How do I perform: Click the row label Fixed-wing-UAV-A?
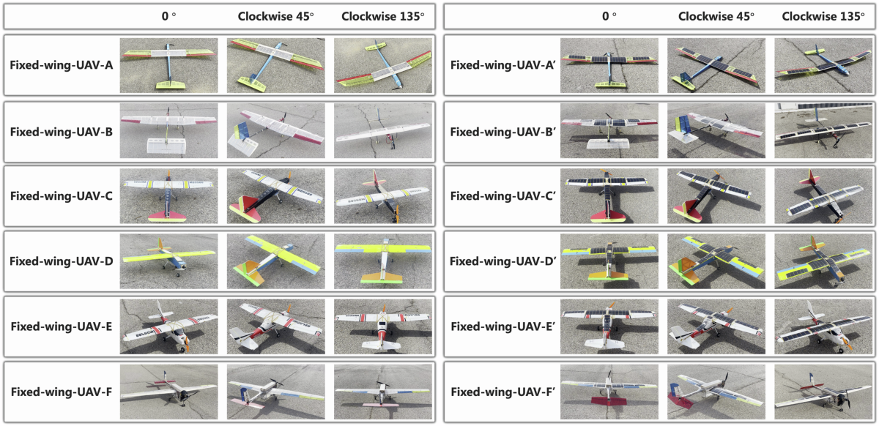[61, 65]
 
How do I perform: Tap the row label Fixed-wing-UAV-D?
[61, 261]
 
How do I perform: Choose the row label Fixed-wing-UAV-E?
[61, 326]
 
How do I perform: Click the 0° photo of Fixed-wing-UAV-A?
[169, 64]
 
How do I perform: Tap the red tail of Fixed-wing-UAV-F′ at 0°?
[607, 401]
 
